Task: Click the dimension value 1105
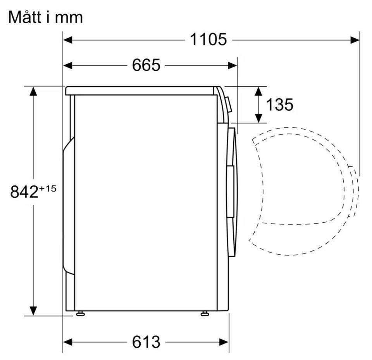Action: [208, 39]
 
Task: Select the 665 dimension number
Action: [146, 65]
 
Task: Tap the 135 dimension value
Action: [280, 105]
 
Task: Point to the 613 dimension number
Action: [146, 342]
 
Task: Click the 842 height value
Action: [24, 192]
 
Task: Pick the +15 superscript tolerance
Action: [48, 189]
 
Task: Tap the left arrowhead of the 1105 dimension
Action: [67, 40]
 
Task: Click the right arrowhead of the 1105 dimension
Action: [355, 40]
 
